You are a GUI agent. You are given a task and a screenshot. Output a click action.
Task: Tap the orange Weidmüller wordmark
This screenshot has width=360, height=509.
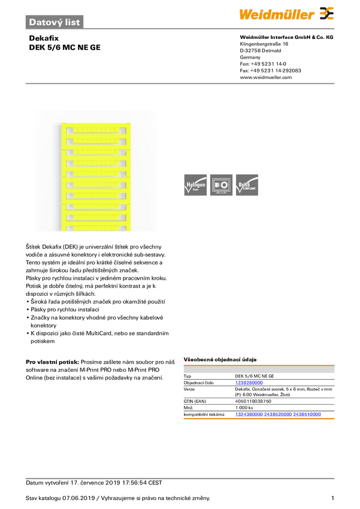click(277, 13)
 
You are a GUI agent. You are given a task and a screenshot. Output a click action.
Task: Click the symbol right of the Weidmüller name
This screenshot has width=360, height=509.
click(326, 13)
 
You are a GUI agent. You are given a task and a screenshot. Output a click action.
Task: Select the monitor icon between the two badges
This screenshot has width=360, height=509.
click(221, 185)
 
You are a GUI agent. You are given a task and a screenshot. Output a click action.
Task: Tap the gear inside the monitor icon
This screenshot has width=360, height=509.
click(225, 185)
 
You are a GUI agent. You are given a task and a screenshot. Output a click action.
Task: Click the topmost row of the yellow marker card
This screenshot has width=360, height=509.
click(95, 129)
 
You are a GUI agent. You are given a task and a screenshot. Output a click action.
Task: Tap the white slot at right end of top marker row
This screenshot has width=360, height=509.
click(125, 129)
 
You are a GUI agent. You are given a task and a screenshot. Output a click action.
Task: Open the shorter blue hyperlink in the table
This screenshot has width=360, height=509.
click(249, 382)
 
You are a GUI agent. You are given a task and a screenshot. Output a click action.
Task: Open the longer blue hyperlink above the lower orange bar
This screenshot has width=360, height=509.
click(278, 414)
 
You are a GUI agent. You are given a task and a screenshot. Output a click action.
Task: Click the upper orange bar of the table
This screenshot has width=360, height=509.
click(259, 364)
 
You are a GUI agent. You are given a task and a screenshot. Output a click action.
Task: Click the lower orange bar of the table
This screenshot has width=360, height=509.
click(259, 419)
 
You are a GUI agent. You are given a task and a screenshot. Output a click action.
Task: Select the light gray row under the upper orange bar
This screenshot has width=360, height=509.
click(259, 370)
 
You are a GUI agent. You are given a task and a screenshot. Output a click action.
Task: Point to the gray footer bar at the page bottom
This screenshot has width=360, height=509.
click(180, 478)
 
